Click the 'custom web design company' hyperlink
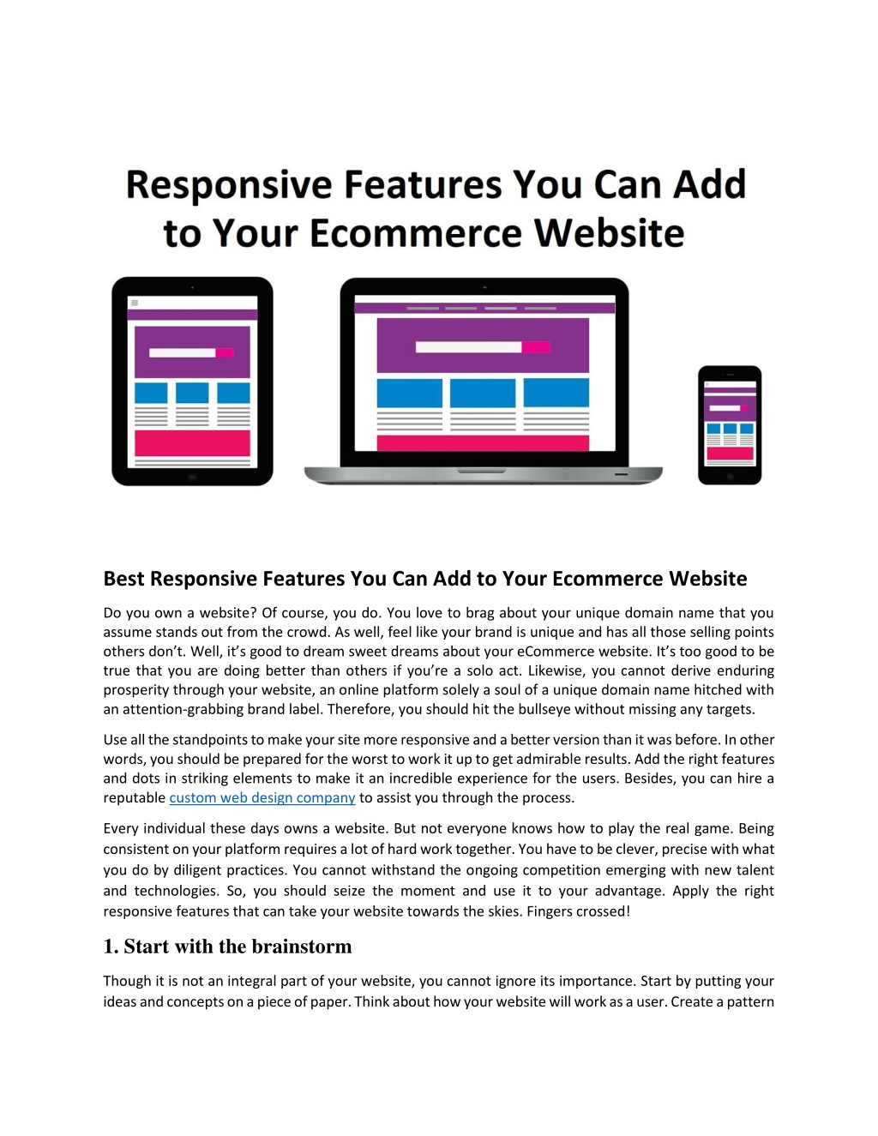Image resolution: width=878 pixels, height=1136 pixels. [262, 797]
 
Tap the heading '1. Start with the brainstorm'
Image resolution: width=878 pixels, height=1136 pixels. [227, 947]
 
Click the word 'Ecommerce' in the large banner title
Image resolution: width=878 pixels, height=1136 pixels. [417, 233]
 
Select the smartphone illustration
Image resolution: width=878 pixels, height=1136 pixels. [730, 425]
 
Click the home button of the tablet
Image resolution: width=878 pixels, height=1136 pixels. [192, 477]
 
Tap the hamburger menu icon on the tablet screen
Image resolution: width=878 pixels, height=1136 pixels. [135, 303]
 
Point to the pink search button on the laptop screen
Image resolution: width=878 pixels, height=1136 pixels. [536, 347]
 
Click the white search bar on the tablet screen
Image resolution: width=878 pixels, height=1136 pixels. [183, 353]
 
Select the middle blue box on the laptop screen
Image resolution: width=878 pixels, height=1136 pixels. [483, 393]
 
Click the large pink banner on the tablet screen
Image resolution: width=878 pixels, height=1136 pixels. [192, 442]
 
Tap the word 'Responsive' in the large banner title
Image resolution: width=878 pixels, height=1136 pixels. [229, 186]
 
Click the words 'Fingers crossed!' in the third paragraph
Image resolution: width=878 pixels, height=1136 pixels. [579, 911]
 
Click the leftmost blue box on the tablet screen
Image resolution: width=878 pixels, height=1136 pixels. [151, 394]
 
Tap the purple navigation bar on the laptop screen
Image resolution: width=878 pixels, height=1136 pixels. [484, 308]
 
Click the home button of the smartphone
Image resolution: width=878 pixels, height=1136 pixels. [731, 476]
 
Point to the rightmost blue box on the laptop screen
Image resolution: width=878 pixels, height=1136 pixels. [556, 393]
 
